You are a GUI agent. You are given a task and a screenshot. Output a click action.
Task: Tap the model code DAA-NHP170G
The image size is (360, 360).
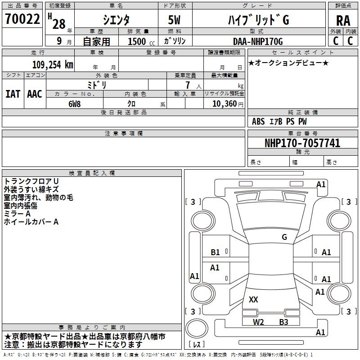257,41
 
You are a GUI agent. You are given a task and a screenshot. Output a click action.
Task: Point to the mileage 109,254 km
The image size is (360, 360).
53,64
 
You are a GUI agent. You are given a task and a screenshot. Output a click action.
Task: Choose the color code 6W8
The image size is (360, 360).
74,103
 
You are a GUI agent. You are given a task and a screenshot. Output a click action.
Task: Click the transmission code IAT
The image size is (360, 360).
13,94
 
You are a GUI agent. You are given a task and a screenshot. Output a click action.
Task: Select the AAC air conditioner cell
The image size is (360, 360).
34,94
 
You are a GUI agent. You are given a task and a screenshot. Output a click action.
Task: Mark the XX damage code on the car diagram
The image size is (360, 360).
253,299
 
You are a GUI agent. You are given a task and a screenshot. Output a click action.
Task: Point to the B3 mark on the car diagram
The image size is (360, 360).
283,322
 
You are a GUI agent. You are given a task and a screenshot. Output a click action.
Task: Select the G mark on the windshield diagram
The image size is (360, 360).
284,237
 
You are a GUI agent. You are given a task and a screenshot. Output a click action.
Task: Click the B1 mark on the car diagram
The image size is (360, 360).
215,252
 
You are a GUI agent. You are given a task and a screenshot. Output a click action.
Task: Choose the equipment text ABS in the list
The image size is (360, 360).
258,121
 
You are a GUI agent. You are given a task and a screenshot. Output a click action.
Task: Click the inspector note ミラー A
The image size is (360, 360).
17,213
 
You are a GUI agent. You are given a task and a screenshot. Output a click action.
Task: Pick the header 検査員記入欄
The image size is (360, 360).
92,173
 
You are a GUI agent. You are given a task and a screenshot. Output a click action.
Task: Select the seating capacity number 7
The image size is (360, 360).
187,85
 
